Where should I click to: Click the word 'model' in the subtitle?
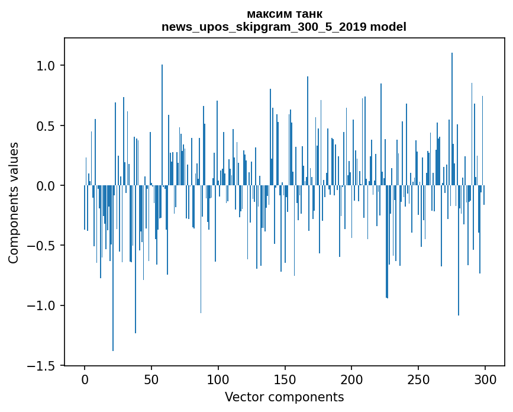[388, 27]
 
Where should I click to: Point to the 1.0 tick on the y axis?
[46, 66]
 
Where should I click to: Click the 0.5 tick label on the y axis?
[46, 126]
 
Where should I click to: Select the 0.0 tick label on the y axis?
[46, 186]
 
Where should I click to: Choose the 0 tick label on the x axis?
[85, 379]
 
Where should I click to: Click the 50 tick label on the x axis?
[151, 379]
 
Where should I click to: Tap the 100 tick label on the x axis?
[218, 379]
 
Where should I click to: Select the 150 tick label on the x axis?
[285, 379]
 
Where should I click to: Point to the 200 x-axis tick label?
[352, 379]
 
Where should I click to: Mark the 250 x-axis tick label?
[418, 379]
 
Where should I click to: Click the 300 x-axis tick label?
[485, 379]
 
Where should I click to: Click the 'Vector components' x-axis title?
[284, 397]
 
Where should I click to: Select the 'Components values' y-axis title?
[14, 202]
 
